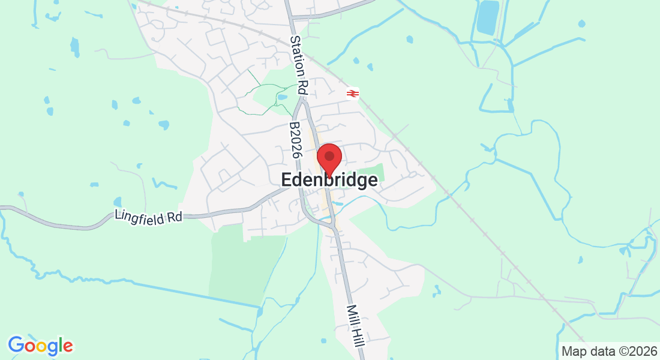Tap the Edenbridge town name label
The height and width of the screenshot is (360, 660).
(x=329, y=180)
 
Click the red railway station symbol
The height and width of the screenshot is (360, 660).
(x=352, y=94)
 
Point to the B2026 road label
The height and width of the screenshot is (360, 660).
(x=295, y=140)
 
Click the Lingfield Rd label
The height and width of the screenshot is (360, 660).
(x=148, y=216)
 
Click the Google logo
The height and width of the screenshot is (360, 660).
(x=40, y=346)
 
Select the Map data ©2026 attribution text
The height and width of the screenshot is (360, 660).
(x=608, y=351)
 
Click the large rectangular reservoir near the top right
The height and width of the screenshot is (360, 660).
(x=488, y=17)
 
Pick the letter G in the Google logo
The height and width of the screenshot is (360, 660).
(x=16, y=345)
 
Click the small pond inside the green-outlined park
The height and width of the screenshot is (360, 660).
(x=282, y=96)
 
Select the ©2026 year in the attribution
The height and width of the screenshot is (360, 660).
(x=635, y=351)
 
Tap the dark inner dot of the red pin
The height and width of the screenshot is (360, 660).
(x=329, y=156)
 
